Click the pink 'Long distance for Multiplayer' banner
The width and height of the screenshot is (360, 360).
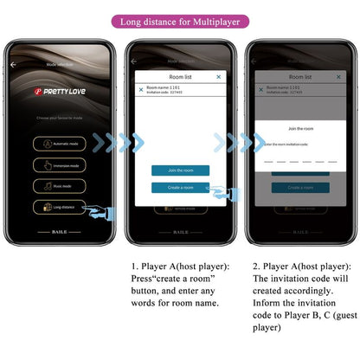click(x=179, y=21)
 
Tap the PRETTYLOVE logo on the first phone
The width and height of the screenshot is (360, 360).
click(x=61, y=91)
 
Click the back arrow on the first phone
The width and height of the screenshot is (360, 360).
click(x=13, y=64)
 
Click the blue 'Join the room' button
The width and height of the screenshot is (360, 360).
click(x=180, y=170)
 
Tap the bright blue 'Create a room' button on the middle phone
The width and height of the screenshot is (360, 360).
click(x=180, y=187)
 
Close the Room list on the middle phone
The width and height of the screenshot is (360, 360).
click(x=218, y=77)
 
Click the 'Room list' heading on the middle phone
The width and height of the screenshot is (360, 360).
click(x=180, y=77)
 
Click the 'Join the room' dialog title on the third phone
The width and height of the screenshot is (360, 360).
click(x=300, y=129)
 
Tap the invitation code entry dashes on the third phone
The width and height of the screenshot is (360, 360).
click(x=300, y=160)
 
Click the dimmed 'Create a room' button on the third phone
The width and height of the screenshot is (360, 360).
click(x=300, y=187)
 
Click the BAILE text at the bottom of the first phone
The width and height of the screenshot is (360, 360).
click(x=61, y=233)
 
